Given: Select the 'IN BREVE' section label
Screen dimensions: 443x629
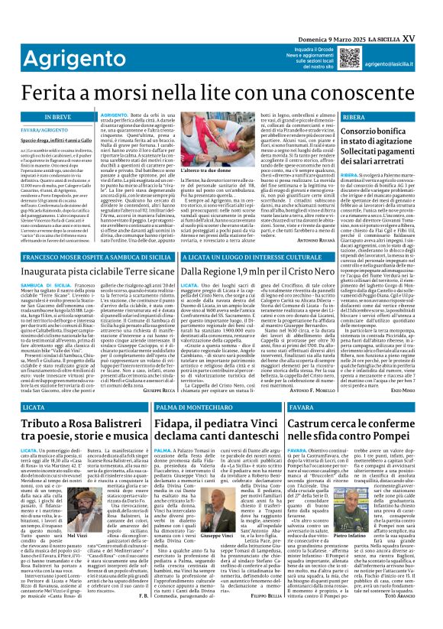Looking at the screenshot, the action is pos(37,117).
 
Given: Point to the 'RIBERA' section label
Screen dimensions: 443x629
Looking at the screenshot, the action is pos(354,117).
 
